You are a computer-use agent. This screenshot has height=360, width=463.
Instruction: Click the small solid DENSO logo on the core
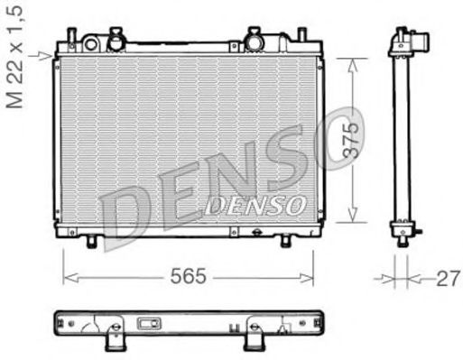(255, 206)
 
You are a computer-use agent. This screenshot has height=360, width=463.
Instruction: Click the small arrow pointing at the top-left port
(43, 56)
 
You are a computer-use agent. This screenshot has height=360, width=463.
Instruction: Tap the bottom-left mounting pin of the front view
(91, 242)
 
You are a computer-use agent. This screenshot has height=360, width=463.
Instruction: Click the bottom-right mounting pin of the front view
(285, 242)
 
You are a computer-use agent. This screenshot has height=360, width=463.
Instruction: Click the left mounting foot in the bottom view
(115, 337)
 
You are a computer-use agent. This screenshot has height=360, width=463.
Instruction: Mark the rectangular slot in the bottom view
(149, 324)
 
